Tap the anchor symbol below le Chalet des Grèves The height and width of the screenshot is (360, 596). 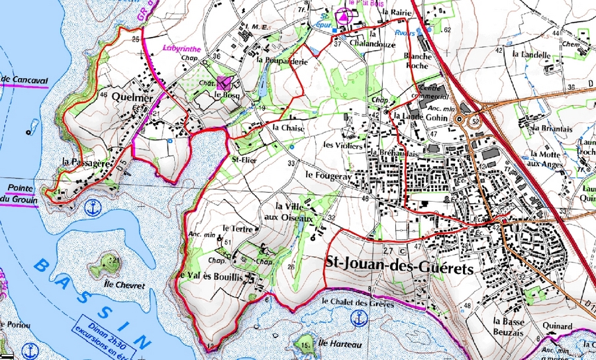(359, 319)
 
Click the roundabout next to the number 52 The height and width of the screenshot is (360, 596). (459, 120)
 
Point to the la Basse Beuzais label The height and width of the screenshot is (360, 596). (513, 326)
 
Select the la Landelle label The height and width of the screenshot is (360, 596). (535, 55)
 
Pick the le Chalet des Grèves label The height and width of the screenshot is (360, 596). (357, 303)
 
